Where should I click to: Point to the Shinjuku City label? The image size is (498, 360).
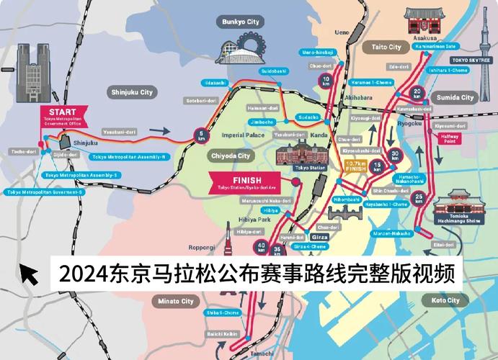click(x=132, y=92)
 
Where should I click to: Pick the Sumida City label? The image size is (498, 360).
click(x=458, y=97)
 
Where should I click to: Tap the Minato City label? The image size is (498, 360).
click(x=177, y=301)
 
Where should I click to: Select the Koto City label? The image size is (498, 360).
click(x=445, y=300)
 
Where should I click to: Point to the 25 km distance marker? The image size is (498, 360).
click(x=419, y=199)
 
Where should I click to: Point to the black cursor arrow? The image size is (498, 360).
click(x=29, y=274)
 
